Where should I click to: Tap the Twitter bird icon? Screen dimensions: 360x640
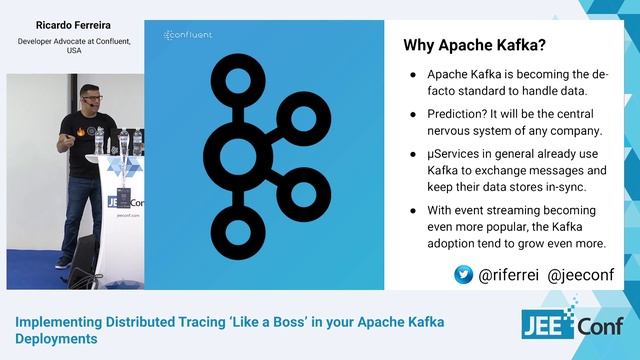pyautogui.click(x=464, y=274)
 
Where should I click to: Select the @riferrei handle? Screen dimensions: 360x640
pyautogui.click(x=509, y=274)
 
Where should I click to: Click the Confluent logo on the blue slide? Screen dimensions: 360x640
pyautogui.click(x=188, y=35)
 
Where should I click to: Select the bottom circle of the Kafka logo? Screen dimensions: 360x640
pyautogui.click(x=238, y=232)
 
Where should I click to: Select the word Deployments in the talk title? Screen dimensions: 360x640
pyautogui.click(x=56, y=339)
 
